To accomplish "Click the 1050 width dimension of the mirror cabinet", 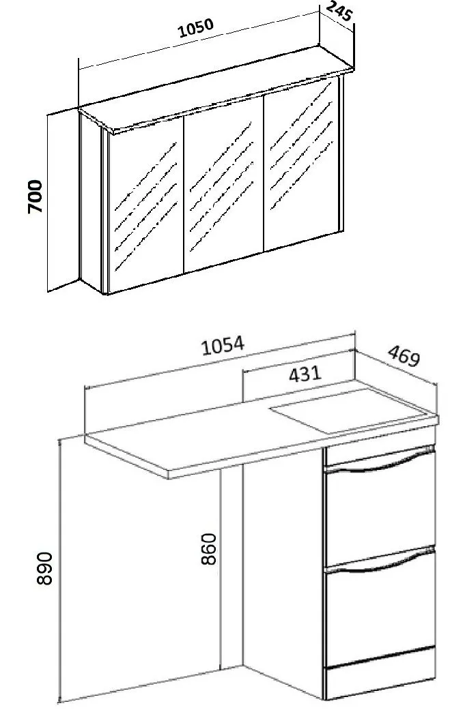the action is pyautogui.click(x=197, y=28).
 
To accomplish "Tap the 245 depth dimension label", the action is pyautogui.click(x=339, y=12).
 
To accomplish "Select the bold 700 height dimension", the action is pyautogui.click(x=35, y=196).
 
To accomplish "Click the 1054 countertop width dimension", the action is pyautogui.click(x=223, y=346).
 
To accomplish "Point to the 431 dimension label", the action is pyautogui.click(x=305, y=374).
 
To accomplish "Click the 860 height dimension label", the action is pyautogui.click(x=209, y=548).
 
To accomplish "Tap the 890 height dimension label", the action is pyautogui.click(x=44, y=568).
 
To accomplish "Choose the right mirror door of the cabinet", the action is pyautogui.click(x=301, y=164).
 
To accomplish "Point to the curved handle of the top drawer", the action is pyautogui.click(x=380, y=462).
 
